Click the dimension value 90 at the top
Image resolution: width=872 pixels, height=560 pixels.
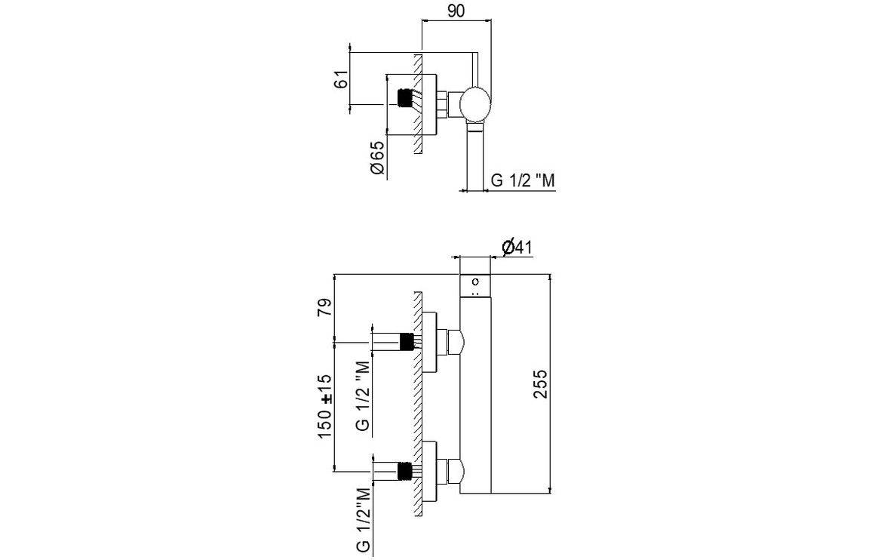click(456, 11)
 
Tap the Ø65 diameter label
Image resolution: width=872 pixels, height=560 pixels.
click(377, 158)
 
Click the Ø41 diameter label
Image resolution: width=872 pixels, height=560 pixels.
click(517, 246)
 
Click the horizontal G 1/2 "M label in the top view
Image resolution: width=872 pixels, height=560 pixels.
click(524, 181)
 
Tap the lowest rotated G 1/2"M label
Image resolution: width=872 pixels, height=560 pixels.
click(364, 520)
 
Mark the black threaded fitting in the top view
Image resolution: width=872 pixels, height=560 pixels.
click(405, 99)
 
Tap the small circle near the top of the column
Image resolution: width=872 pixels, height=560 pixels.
click(475, 283)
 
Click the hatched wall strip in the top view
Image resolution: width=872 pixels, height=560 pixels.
click(417, 105)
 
